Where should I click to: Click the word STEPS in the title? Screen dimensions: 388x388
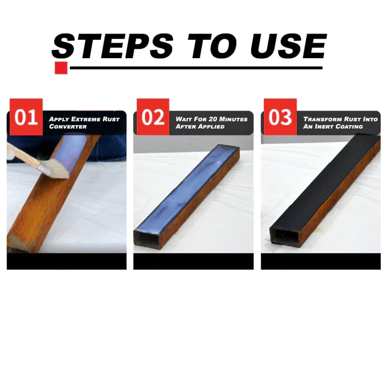click(113, 46)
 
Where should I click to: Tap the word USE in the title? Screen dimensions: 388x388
click(289, 46)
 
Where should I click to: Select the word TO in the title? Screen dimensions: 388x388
click(212, 46)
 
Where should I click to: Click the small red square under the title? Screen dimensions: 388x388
click(61, 68)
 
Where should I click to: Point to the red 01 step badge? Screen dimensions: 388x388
click(26, 117)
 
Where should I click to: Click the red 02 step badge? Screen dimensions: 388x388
click(153, 117)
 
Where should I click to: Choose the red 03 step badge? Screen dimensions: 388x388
click(280, 117)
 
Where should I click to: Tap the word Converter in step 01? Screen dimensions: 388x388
click(68, 126)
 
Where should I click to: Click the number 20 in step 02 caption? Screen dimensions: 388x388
click(212, 119)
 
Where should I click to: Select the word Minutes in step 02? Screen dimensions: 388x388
click(233, 119)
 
